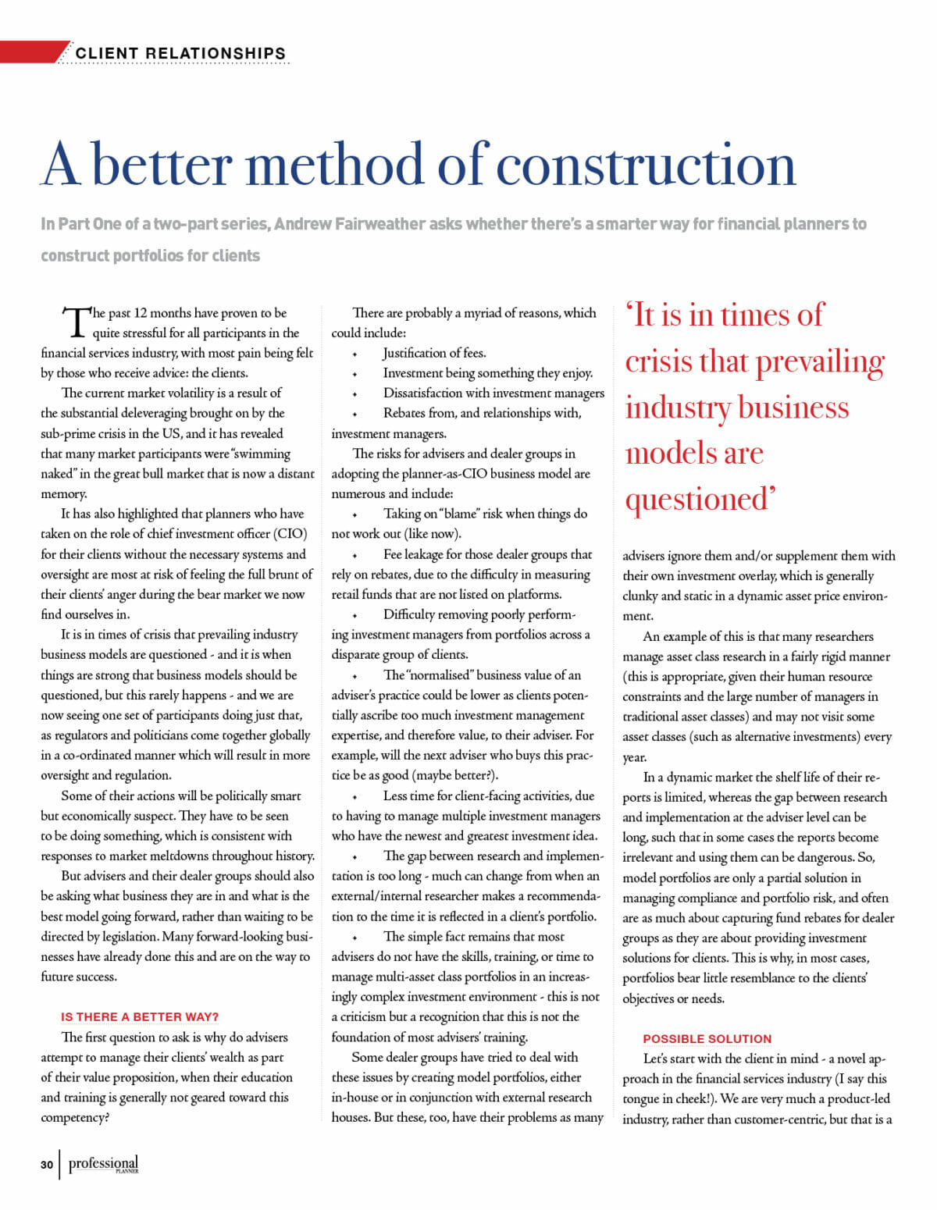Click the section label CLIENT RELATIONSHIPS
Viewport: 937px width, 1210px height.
tap(180, 53)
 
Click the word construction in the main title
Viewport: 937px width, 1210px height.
tap(646, 165)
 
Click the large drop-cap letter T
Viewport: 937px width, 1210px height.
tap(77, 322)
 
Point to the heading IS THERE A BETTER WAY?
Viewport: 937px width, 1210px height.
tap(140, 1016)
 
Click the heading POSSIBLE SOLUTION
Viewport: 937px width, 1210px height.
tap(707, 1038)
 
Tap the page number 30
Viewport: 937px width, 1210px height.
tap(47, 1165)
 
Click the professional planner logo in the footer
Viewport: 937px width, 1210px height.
tap(103, 1164)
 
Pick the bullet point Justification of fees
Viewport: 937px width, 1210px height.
tap(434, 353)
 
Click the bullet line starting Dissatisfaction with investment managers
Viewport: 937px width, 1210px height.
tap(493, 393)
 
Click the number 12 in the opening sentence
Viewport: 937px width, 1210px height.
tap(141, 313)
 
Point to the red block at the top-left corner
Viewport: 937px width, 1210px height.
tap(31, 52)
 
